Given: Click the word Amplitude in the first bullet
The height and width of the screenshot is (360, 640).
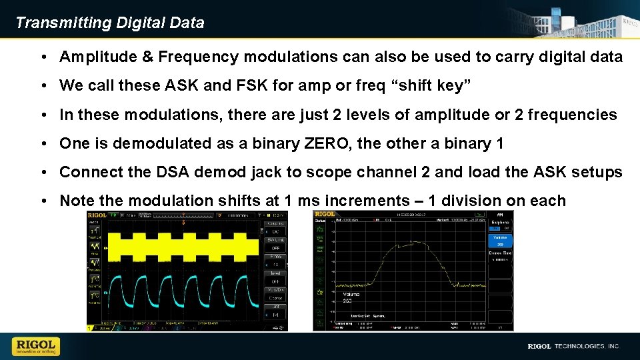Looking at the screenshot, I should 97,57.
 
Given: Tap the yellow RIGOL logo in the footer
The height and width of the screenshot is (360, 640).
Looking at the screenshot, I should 36,346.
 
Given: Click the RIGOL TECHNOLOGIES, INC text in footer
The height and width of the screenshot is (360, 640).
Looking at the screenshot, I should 573,347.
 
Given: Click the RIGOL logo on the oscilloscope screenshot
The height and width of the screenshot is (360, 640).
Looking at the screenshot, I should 97,215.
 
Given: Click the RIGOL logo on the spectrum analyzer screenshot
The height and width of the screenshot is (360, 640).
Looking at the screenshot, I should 325,214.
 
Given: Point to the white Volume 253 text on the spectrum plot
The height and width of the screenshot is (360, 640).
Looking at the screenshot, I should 351,297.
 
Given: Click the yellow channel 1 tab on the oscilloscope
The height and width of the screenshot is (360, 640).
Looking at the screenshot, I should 91,328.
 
